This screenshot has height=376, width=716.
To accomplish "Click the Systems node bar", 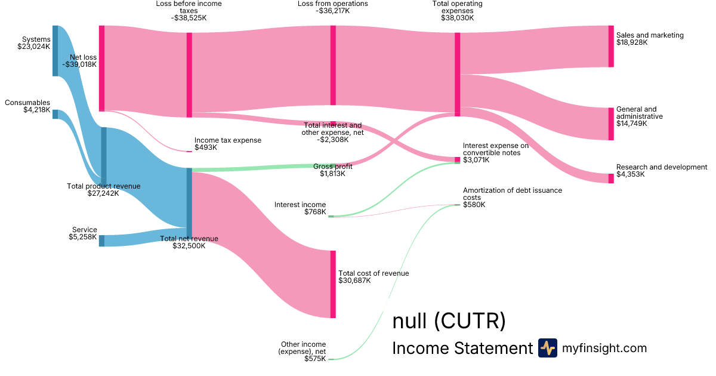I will point(55,51).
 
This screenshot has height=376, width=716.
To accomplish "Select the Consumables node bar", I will point(55,114).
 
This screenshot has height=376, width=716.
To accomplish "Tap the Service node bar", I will point(101,241).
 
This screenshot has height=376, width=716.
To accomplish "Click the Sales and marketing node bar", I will point(610,46).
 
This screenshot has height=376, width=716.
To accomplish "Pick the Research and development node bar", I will point(610,178).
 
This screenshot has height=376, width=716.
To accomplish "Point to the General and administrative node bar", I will point(610,124).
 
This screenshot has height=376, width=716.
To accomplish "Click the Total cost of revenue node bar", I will point(333,284).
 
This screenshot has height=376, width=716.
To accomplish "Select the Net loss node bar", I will point(101,68).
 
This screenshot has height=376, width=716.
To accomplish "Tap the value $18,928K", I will point(632,42).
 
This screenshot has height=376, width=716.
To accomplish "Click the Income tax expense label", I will point(227,140).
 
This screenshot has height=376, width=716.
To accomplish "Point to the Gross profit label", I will point(332,167).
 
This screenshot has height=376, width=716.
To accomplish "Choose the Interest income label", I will point(300,205).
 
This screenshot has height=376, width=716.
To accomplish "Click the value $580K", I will point(474,205).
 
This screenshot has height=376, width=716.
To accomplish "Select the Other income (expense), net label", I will point(303,348).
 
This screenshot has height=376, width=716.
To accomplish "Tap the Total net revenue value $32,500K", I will point(189,245).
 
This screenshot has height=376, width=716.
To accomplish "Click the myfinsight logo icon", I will point(547,348).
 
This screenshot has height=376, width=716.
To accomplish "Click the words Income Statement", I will point(461,349).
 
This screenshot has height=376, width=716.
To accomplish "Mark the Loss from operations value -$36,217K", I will point(332,11).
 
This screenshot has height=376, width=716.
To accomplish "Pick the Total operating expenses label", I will point(457,7).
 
